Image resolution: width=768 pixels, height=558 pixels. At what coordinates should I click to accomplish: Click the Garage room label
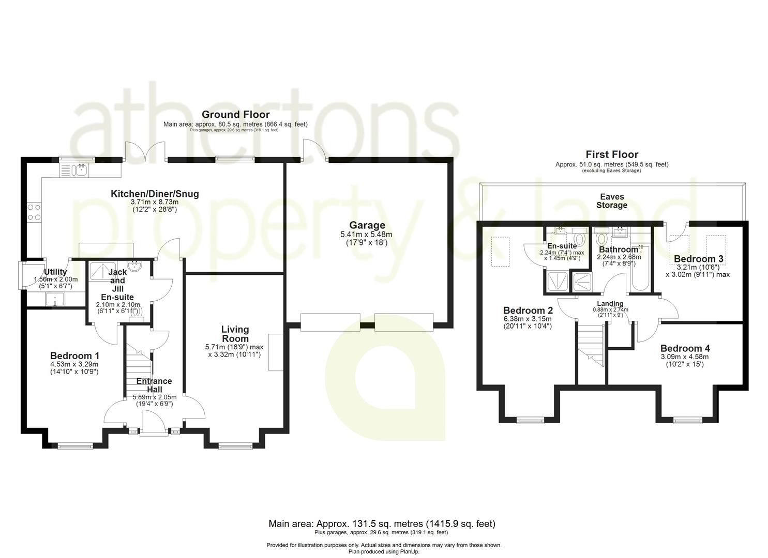pos(367,225)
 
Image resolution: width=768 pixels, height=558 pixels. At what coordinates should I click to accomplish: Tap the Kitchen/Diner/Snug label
pos(155,194)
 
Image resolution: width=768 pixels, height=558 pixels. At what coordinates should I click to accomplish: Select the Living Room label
pos(235,334)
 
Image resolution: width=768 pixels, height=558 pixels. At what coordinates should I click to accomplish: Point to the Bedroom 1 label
pos(74,355)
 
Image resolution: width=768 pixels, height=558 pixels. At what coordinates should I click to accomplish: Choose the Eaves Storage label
pos(612,201)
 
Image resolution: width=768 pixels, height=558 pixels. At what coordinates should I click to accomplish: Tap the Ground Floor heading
pos(235,114)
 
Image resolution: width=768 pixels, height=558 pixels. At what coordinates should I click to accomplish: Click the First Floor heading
pos(612,154)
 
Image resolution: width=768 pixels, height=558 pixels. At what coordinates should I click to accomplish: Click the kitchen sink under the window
pos(76,169)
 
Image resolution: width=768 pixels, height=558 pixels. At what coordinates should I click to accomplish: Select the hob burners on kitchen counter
pos(34,211)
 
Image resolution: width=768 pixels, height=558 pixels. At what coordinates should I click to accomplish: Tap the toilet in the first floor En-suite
pos(580,239)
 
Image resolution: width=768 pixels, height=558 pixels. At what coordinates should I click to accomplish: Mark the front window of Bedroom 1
pos(75,445)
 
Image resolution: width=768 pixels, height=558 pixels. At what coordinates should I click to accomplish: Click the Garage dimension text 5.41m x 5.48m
pos(367,234)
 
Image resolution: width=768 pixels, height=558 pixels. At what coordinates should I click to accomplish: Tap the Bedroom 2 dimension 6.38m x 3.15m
pos(528,319)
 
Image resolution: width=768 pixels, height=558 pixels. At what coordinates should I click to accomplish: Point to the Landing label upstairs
pos(610,303)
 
